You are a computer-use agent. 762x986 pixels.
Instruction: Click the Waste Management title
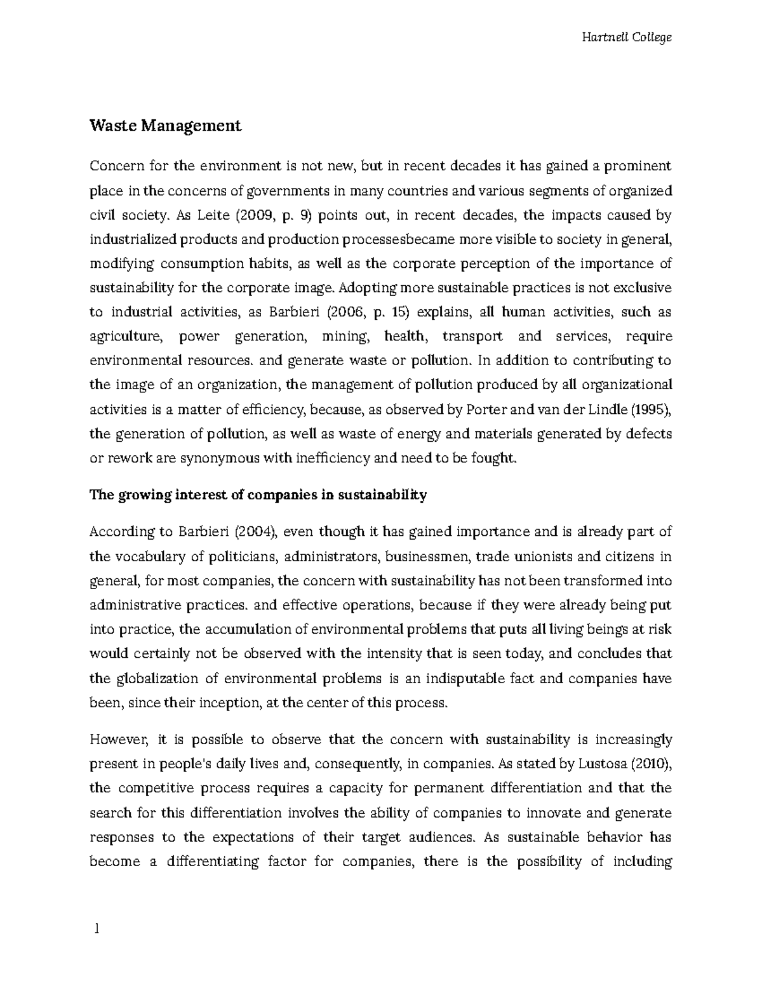click(x=165, y=126)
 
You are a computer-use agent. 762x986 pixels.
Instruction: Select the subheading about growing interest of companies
click(x=258, y=495)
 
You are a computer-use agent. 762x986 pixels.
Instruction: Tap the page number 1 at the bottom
click(x=97, y=929)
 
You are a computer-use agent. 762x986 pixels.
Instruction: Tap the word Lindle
click(x=608, y=410)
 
